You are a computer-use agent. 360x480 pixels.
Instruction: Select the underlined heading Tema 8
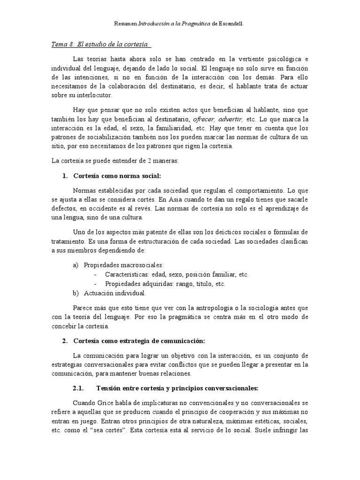pyautogui.click(x=101, y=45)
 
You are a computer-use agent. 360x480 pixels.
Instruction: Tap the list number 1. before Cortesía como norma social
pyautogui.click(x=65, y=176)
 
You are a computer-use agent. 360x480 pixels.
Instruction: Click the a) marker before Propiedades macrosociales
pyautogui.click(x=75, y=265)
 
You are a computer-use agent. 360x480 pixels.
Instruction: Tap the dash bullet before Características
pyautogui.click(x=96, y=274)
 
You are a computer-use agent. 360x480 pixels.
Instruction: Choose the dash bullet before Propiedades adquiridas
pyautogui.click(x=96, y=284)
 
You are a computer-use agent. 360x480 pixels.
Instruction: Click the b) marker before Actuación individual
pyautogui.click(x=75, y=293)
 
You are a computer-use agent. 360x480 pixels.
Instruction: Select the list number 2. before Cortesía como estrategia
pyautogui.click(x=65, y=340)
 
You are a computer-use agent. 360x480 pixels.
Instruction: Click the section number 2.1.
pyautogui.click(x=78, y=388)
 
